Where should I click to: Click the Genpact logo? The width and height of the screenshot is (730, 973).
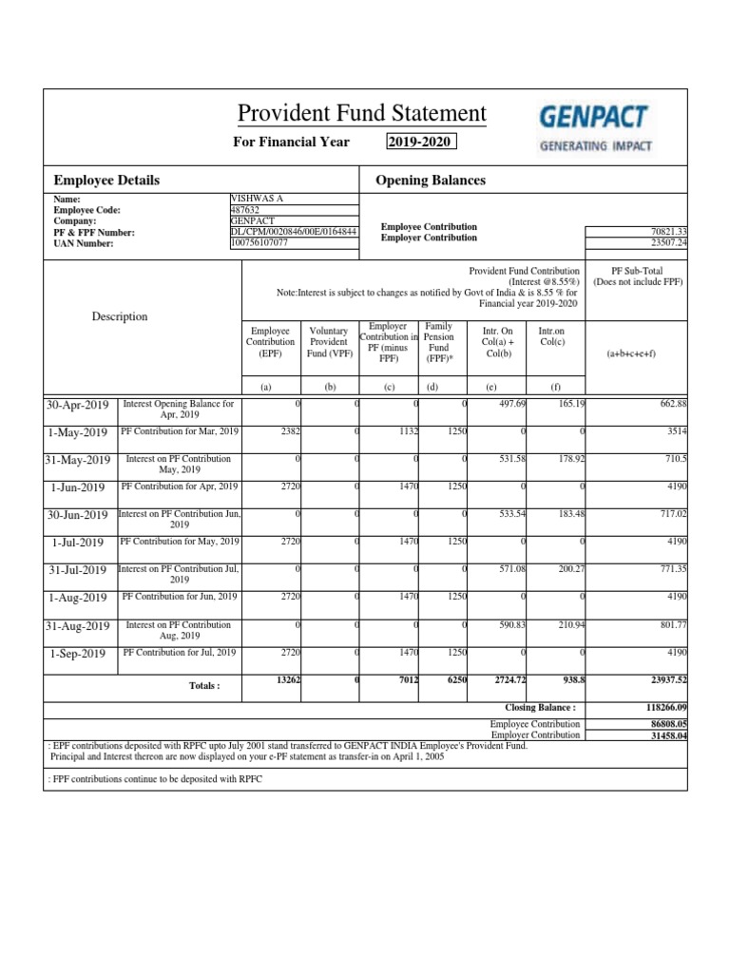point(594,126)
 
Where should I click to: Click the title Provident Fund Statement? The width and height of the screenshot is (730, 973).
point(361,114)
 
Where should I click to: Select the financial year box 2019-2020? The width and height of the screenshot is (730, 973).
point(421,143)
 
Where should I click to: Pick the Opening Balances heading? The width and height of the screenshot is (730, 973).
point(431,180)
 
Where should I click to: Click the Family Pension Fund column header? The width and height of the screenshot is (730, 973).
point(439,342)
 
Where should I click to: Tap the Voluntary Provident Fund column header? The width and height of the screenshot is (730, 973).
point(330,342)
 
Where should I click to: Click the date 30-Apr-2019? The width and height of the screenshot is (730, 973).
point(78,405)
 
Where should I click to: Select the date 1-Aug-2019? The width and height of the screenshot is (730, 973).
point(78,598)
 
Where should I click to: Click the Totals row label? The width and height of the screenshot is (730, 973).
point(204,685)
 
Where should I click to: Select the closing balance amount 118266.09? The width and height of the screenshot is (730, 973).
point(655,708)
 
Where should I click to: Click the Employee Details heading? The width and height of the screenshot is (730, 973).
point(106,180)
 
